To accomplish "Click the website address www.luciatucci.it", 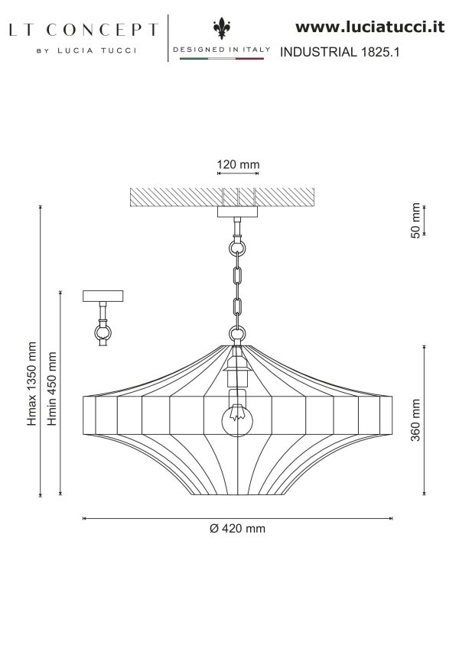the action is tap(369, 28).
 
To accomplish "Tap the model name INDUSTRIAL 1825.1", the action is tap(340, 52).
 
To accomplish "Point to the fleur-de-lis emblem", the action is tap(222, 28).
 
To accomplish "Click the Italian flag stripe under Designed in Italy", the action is tap(222, 59).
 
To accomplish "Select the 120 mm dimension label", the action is tap(238, 164).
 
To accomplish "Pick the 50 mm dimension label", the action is tap(415, 220).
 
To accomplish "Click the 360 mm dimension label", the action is tap(415, 420).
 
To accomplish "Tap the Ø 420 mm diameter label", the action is tap(237, 529).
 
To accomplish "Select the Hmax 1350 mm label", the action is tap(32, 384).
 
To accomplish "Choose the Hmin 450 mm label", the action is tap(52, 388).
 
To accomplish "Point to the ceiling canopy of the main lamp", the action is tap(238, 212).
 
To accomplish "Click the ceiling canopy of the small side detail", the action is tap(103, 296).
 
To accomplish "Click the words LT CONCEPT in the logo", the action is tap(83, 30).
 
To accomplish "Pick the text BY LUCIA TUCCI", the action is tap(86, 50).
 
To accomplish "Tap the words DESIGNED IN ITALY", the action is tap(222, 49).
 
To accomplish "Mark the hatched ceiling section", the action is tap(223, 197).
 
